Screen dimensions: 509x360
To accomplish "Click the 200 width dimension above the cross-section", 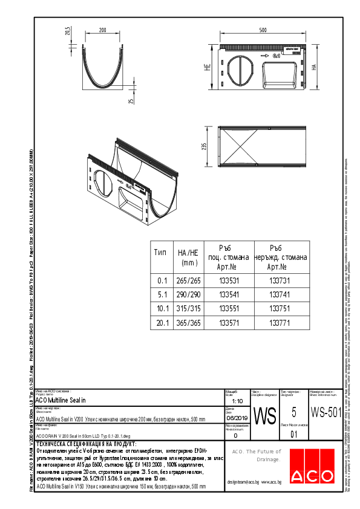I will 102,30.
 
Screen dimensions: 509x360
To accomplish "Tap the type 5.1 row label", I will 162,294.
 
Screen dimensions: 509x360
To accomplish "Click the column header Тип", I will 160,252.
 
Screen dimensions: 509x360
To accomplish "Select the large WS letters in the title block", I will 264,416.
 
